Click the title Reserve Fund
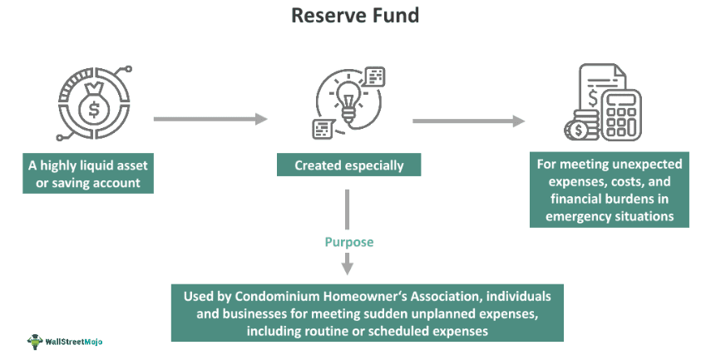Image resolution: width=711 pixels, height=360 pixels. coord(354,16)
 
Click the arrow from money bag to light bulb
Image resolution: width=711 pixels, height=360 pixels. coord(210,120)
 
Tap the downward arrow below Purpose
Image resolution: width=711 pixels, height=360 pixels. coord(348,260)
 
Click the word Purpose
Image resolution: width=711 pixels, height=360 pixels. coord(348,243)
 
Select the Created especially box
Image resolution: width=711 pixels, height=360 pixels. coord(348,165)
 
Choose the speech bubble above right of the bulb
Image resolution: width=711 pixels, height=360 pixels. coord(375,77)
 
